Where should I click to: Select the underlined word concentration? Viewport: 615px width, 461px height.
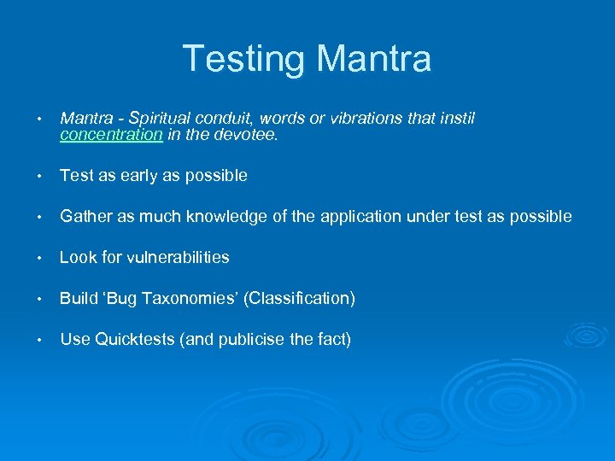pos(111,134)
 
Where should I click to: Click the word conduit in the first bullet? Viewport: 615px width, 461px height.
pos(230,118)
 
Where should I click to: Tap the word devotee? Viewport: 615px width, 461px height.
pos(247,134)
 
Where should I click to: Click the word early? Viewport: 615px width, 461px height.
pos(138,175)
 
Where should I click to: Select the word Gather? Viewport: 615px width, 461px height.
pos(85,216)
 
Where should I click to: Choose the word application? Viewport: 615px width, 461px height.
pos(360,216)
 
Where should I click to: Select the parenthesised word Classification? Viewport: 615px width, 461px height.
pos(299,298)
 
